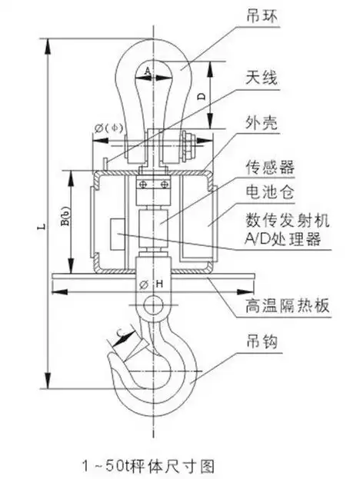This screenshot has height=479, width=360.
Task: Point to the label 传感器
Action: pos(268,165)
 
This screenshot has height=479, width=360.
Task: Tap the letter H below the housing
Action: pos(160,285)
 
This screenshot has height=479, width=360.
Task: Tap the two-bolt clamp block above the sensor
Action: pos(152,185)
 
